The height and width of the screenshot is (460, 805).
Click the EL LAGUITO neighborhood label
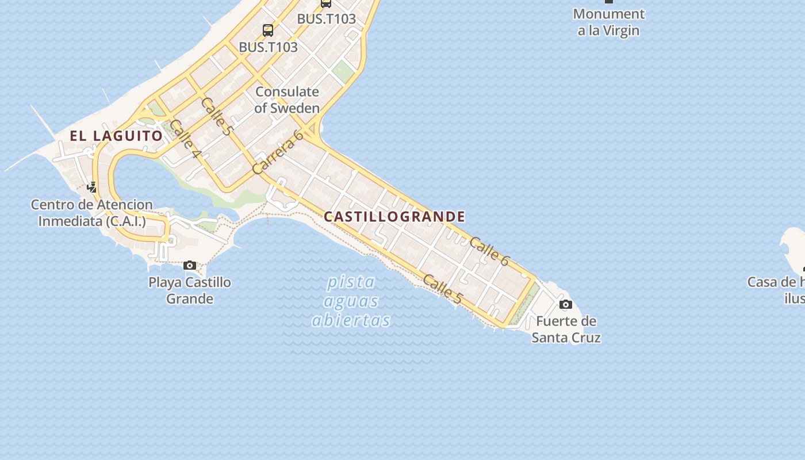[x=117, y=136]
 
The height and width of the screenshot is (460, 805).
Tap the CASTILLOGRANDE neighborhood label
[x=394, y=217]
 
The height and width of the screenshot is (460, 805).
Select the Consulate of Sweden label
[x=287, y=99]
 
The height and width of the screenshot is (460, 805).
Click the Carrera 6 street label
[x=278, y=152]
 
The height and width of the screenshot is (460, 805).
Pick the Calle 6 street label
[x=489, y=251]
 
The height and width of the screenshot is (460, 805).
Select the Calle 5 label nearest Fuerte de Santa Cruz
[x=442, y=289]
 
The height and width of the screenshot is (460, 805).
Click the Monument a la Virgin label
[x=609, y=22]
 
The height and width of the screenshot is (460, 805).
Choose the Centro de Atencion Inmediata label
[x=92, y=213]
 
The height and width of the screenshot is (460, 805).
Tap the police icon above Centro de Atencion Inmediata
[x=92, y=187]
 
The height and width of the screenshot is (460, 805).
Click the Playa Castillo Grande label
[x=190, y=290]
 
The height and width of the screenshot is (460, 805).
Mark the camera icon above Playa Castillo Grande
[x=190, y=265]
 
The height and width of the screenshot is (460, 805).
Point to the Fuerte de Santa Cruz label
[x=566, y=329]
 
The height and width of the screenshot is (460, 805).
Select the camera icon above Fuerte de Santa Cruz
[x=566, y=304]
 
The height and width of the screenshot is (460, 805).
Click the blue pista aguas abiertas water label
[x=351, y=301]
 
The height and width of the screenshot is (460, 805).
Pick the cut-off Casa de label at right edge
[x=776, y=290]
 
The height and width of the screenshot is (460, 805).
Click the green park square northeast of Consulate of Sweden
[x=343, y=72]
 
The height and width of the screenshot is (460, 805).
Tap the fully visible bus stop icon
[x=268, y=30]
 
